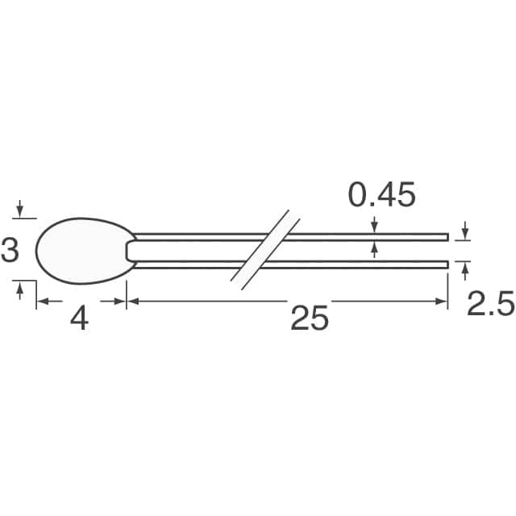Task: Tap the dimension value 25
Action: click(310, 319)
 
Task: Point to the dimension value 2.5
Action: click(489, 305)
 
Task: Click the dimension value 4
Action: click(79, 319)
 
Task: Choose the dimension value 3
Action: click(10, 251)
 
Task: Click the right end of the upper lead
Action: click(447, 236)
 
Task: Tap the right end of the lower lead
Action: click(447, 264)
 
